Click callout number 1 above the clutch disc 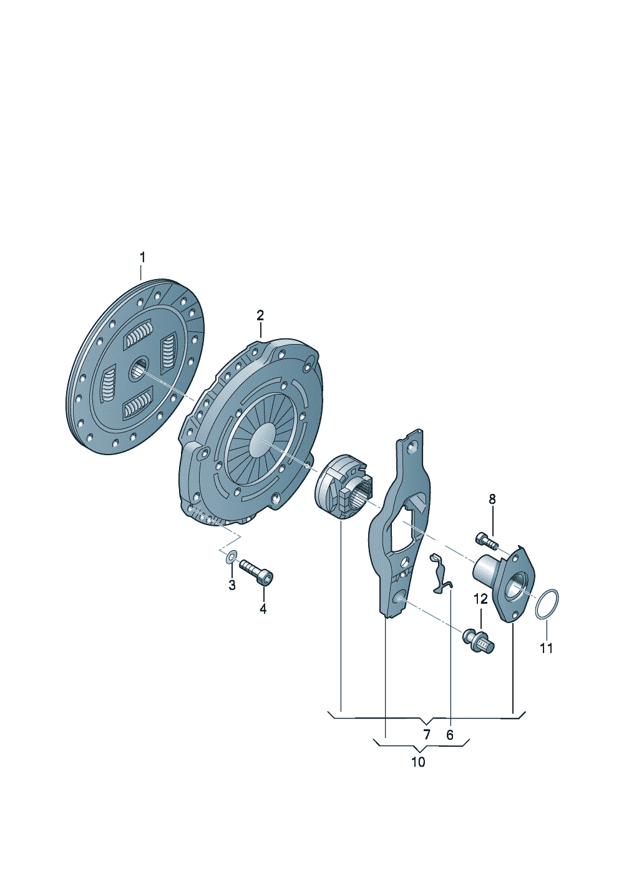143,258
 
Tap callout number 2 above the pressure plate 260,315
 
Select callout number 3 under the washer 232,586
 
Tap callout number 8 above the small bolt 492,499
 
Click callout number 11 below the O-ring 547,648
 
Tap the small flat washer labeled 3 232,556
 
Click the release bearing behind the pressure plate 344,486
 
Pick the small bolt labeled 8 487,541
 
